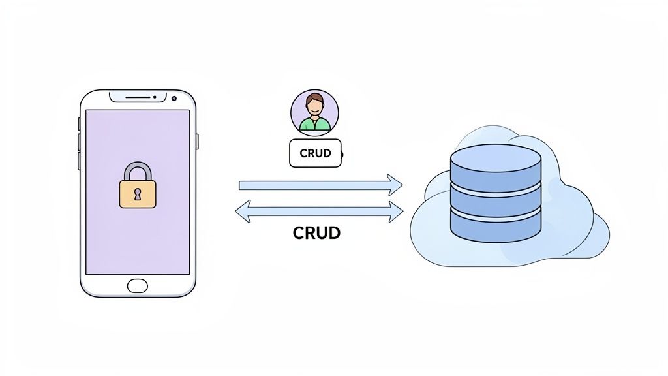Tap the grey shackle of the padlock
coord(138,170)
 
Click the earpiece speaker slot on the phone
coord(138,98)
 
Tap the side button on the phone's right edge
coord(197,140)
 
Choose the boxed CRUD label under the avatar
coord(314,153)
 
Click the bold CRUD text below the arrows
coord(317,233)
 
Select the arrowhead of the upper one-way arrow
coord(395,185)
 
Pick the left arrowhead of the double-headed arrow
coord(243,211)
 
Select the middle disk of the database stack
coord(496,198)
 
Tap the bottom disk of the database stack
coord(496,225)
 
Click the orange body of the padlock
coord(138,199)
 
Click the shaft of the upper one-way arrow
coord(313,185)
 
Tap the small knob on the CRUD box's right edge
coord(342,155)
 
